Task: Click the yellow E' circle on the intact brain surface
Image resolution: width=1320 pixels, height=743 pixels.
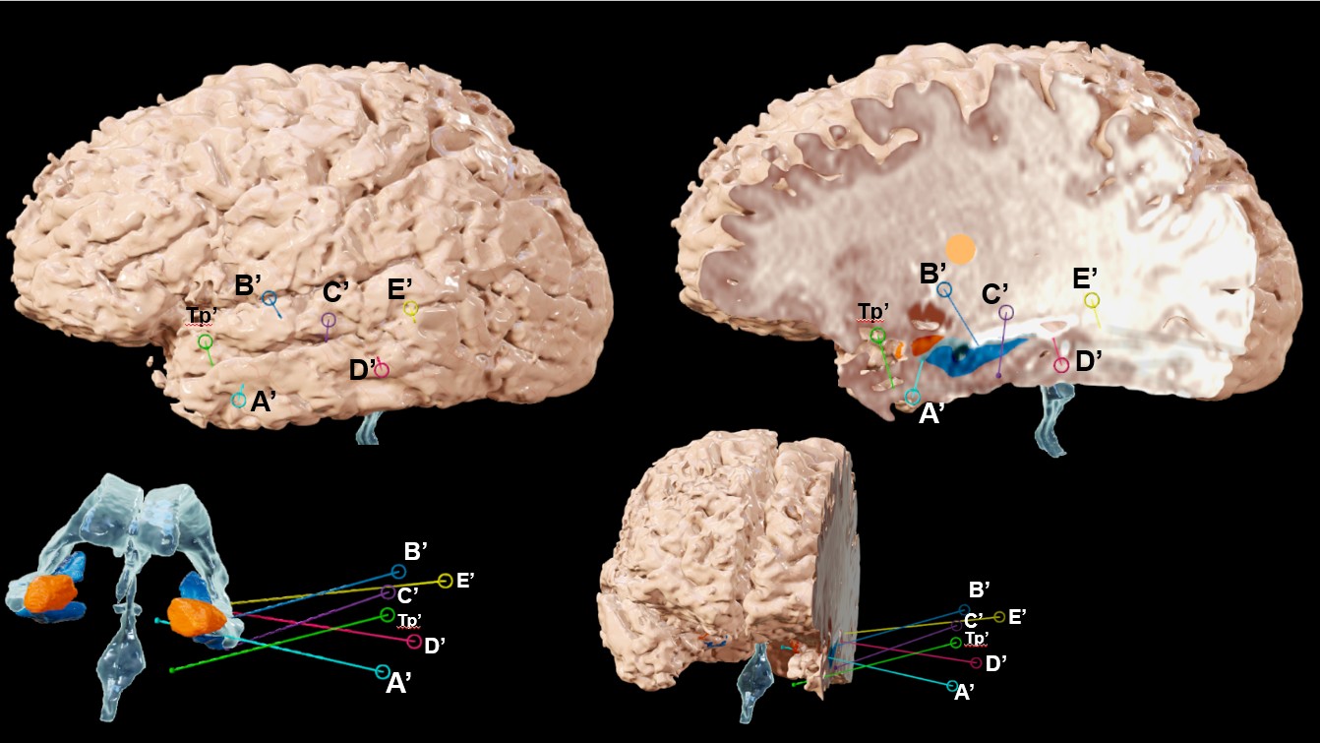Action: pyautogui.click(x=411, y=309)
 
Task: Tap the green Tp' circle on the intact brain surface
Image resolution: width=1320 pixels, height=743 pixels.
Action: pyautogui.click(x=205, y=341)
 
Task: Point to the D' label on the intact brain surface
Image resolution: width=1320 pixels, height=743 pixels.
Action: pyautogui.click(x=360, y=371)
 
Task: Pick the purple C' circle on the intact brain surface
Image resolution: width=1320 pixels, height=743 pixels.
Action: pyautogui.click(x=329, y=320)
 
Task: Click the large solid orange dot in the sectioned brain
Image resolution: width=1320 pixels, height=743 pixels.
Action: pyautogui.click(x=960, y=249)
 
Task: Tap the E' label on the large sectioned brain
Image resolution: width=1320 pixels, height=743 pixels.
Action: pyautogui.click(x=1086, y=277)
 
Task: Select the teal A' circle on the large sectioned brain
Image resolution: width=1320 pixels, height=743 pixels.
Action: pyautogui.click(x=913, y=398)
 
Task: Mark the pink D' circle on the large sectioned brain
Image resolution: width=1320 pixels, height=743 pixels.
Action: pyautogui.click(x=1061, y=365)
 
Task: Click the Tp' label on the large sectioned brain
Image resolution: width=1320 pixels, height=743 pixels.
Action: pyautogui.click(x=872, y=312)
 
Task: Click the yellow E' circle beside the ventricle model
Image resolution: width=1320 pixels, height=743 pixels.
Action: pyautogui.click(x=446, y=581)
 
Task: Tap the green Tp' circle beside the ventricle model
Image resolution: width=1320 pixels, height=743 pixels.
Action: pyautogui.click(x=387, y=615)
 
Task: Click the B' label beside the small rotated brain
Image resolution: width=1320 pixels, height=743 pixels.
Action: pyautogui.click(x=980, y=590)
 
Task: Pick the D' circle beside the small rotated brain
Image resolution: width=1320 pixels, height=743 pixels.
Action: pyautogui.click(x=976, y=662)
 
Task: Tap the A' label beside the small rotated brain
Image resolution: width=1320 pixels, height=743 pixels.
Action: pyautogui.click(x=965, y=694)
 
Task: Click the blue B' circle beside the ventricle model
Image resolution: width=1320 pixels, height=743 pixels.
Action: pyautogui.click(x=397, y=571)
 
